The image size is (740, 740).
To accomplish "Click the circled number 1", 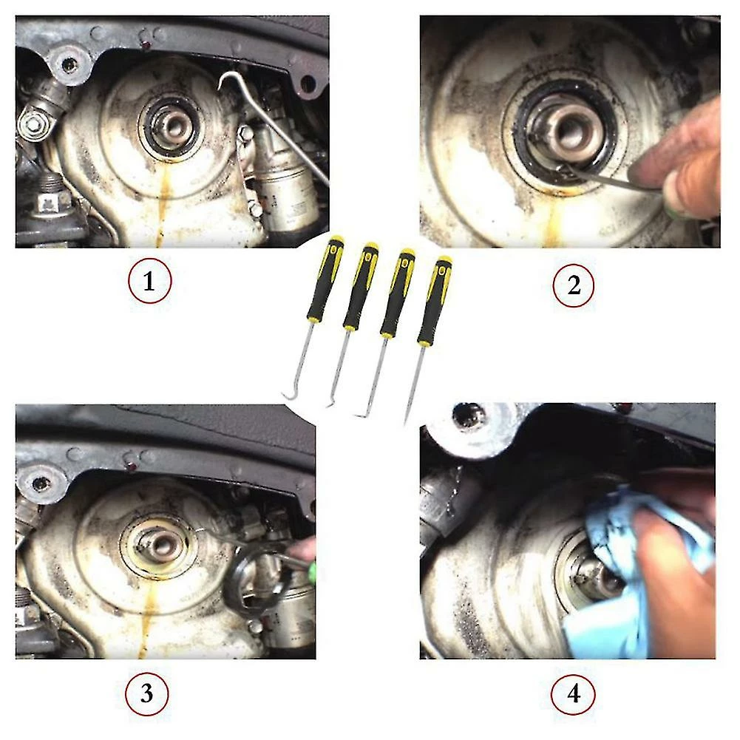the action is coord(149,281).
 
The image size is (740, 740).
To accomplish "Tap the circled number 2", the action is coord(574,285).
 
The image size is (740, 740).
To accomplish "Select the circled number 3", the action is coord(147,693).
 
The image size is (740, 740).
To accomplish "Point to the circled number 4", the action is coord(573,693).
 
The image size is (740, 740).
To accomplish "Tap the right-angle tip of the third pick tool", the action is coord(359,415).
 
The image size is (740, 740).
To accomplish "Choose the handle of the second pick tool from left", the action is coord(361,286).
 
